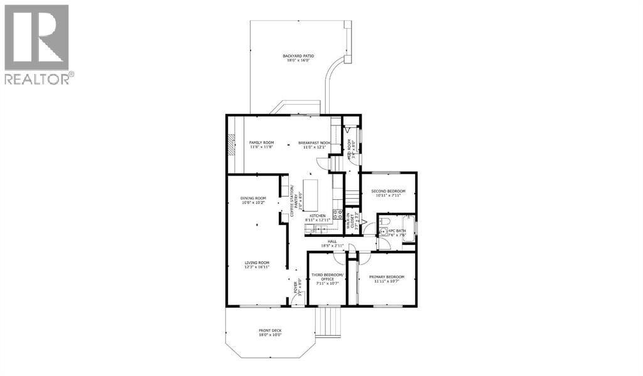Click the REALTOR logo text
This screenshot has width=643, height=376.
[39, 78]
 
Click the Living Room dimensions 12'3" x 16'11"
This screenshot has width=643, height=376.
[257, 268]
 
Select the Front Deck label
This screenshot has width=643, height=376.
[270, 332]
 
